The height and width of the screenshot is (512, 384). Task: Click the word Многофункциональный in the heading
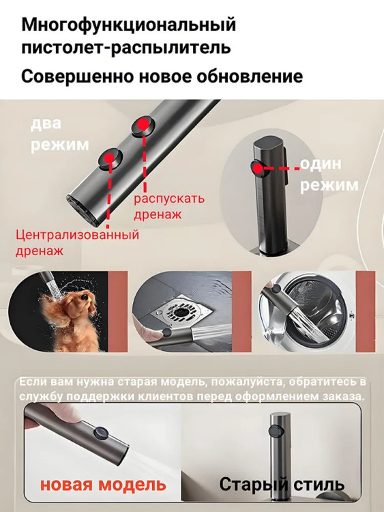pyautogui.click(x=128, y=25)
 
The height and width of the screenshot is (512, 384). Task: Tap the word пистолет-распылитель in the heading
pyautogui.click(x=126, y=47)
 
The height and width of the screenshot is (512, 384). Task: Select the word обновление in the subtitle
pyautogui.click(x=243, y=76)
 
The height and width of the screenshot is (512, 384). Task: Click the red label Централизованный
pyautogui.click(x=77, y=235)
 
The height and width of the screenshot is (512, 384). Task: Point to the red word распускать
pyautogui.click(x=169, y=199)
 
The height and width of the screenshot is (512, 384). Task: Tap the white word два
pyautogui.click(x=46, y=124)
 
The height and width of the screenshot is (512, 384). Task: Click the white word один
pyautogui.click(x=321, y=164)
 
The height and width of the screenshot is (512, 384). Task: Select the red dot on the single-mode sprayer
pyautogui.click(x=258, y=169)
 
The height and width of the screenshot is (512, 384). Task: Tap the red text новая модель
pyautogui.click(x=103, y=484)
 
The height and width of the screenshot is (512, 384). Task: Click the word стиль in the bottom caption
pyautogui.click(x=319, y=485)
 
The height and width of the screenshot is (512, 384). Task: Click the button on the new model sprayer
pyautogui.click(x=102, y=433)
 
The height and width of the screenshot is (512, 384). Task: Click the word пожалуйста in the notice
pyautogui.click(x=247, y=382)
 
